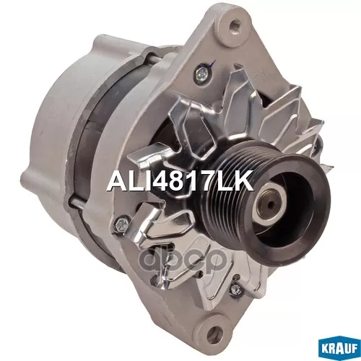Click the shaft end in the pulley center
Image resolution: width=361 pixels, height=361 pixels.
[x=272, y=204]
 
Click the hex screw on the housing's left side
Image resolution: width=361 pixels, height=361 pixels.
[x=121, y=225]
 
